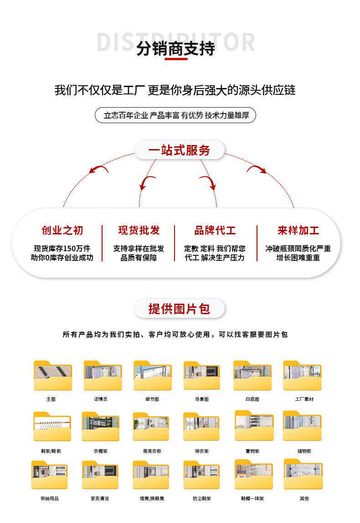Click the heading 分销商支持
coord(175,48)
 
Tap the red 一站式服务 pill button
coord(179,150)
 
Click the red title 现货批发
coord(139,230)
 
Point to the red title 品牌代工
coord(215,230)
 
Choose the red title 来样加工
coord(298,230)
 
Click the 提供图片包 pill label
coord(179,309)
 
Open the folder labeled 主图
coord(52,376)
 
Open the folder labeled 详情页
coord(103,376)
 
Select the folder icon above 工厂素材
coord(303,376)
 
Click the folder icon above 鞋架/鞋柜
coord(52,427)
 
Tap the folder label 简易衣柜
coord(152,451)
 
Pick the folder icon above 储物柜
coord(303,427)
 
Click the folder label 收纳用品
coord(50,498)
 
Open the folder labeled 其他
coord(304,498)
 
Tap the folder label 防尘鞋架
coord(202,498)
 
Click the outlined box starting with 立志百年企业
coord(175,115)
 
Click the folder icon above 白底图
coord(252,376)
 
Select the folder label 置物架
coord(252,451)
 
